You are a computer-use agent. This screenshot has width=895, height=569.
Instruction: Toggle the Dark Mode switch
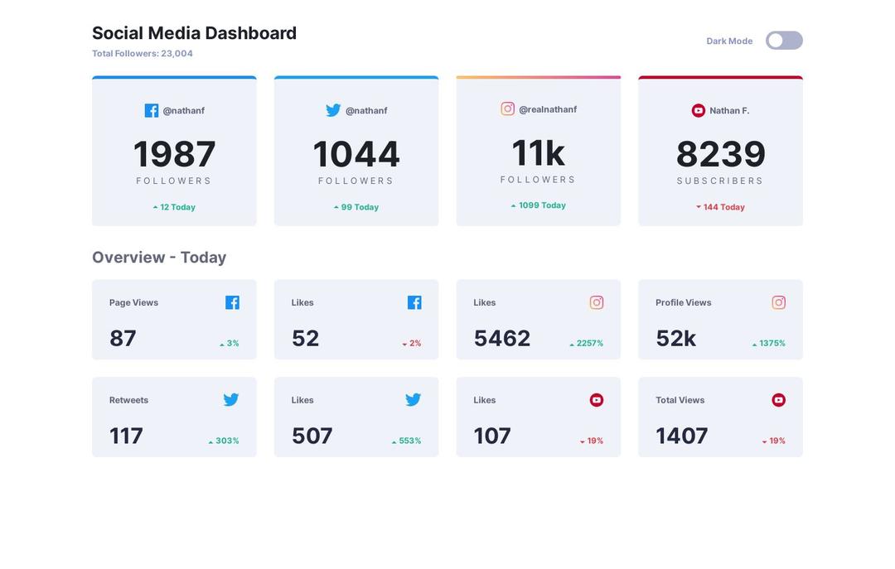[784, 41]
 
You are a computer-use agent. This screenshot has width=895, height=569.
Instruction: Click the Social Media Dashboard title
[194, 33]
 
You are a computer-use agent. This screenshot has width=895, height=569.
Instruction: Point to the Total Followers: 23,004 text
[143, 54]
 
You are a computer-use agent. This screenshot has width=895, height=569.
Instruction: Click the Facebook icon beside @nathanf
[152, 110]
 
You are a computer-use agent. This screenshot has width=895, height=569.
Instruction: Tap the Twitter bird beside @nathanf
[333, 110]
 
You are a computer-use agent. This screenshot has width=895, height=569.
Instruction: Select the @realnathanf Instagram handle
[548, 109]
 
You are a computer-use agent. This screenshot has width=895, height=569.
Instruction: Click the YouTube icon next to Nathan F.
[699, 110]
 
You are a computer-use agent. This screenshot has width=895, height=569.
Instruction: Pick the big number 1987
[174, 154]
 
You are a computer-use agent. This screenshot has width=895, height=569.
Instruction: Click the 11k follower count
[538, 152]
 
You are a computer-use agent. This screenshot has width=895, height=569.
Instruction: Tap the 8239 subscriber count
[720, 154]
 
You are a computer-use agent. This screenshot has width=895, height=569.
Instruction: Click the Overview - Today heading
[159, 258]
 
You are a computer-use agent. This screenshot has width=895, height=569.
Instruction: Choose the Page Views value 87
[123, 338]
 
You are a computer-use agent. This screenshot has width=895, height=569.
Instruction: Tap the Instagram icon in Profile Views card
[778, 302]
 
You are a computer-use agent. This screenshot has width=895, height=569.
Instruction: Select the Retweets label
[128, 400]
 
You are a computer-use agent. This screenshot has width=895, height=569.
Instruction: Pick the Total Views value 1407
[681, 436]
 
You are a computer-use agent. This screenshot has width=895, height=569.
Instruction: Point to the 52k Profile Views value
[675, 338]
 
